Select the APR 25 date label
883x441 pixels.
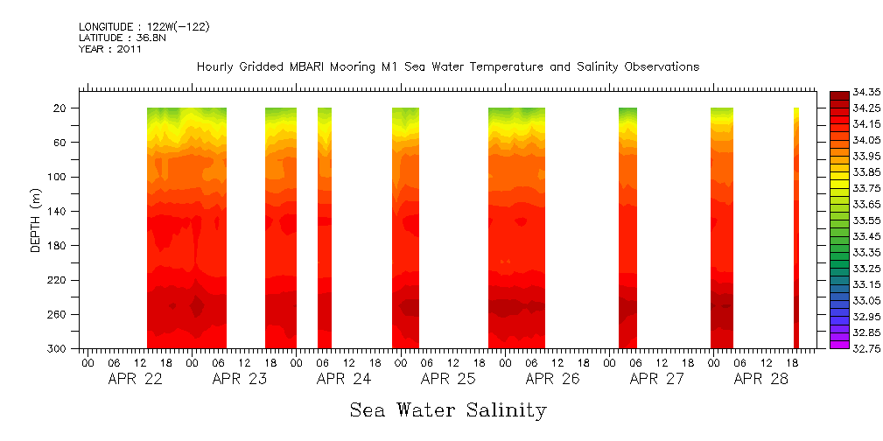(x=447, y=380)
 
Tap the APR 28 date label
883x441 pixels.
(x=760, y=380)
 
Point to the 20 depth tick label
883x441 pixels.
(x=60, y=108)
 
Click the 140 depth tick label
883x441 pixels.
(x=58, y=212)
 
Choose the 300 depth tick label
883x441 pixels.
(x=58, y=349)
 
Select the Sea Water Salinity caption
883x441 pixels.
(x=448, y=410)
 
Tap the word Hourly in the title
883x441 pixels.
(x=215, y=67)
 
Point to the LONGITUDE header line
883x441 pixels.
(x=144, y=27)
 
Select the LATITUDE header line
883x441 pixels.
(x=115, y=38)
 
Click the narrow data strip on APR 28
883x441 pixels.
(x=796, y=227)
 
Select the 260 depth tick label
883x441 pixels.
(x=58, y=315)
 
